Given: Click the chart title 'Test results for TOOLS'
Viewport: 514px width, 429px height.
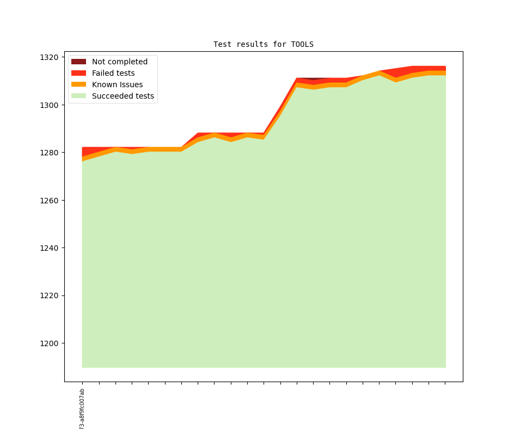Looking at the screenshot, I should click(263, 44).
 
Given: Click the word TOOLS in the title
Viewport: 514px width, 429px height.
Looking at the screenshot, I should click(302, 44).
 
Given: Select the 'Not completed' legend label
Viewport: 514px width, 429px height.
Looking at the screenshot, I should click(119, 62).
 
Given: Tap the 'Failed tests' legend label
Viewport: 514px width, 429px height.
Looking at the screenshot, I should click(113, 73).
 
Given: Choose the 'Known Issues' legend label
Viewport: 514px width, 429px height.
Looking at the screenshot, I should click(117, 84).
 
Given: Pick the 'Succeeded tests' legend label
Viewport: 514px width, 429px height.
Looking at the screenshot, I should click(123, 96).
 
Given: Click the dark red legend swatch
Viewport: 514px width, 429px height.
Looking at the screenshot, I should click(78, 62).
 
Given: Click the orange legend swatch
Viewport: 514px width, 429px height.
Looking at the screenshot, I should click(78, 84).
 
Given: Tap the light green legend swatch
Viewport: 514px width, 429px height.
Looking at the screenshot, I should click(78, 96).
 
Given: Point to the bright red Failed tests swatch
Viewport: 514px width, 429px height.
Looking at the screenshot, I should click(78, 73).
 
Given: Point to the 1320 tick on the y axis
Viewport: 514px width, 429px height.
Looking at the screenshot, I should click(49, 57).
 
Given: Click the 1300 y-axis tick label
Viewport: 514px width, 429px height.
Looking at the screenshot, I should click(49, 105).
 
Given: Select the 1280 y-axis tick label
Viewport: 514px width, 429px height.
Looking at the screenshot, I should click(49, 153).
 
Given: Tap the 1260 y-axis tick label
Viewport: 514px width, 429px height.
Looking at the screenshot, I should click(49, 200).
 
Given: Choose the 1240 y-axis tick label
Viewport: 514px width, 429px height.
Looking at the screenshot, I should click(49, 248).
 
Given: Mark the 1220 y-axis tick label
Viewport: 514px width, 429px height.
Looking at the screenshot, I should click(49, 295).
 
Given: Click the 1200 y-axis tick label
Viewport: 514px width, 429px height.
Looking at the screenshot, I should click(49, 343).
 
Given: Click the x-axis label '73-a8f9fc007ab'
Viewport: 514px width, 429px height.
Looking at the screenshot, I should click(82, 409).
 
